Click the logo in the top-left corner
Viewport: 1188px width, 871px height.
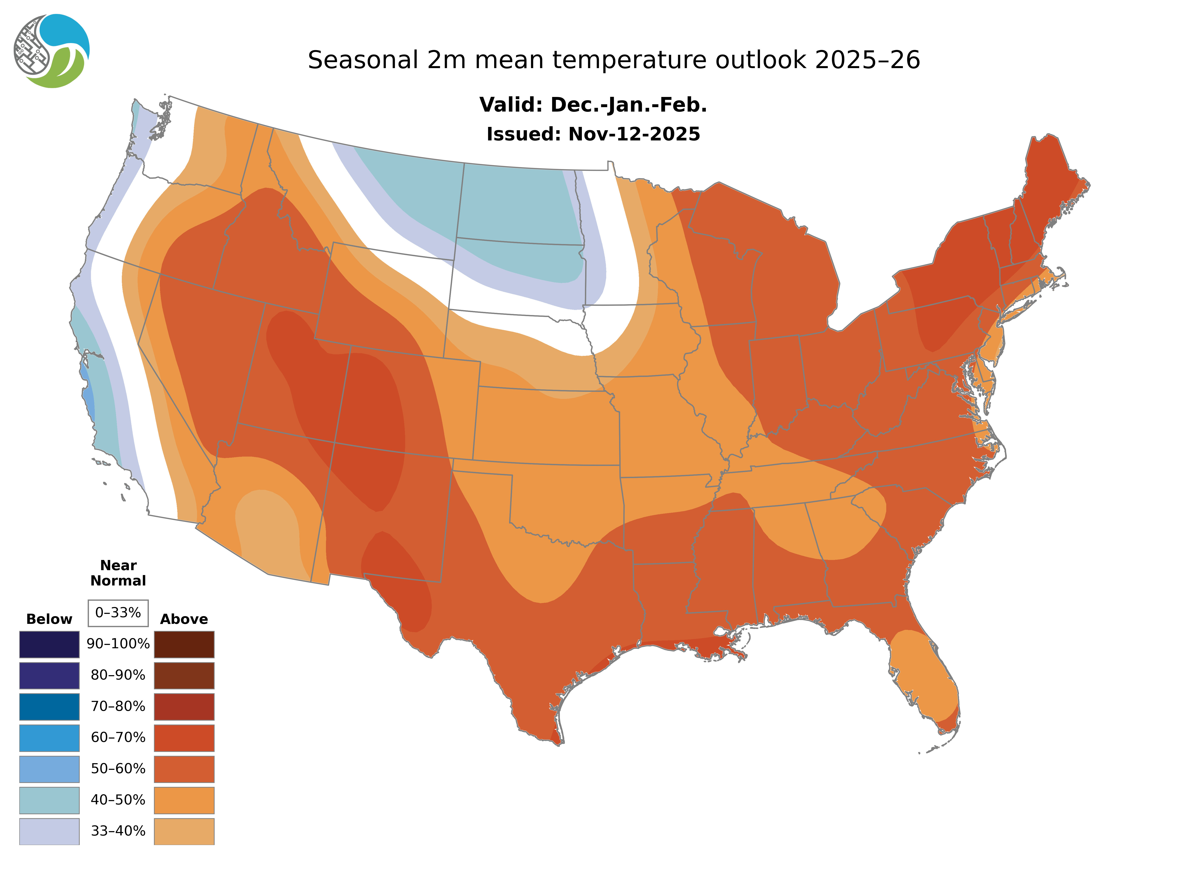(52, 51)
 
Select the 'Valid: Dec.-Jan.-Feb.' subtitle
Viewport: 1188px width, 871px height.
(593, 105)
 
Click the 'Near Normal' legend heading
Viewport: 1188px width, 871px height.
(118, 573)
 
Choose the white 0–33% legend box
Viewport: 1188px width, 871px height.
(118, 613)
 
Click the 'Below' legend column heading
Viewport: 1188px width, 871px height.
(49, 619)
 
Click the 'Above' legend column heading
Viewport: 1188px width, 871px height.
(184, 619)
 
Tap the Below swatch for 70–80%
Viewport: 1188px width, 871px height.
(49, 707)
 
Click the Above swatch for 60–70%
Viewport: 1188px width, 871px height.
(184, 738)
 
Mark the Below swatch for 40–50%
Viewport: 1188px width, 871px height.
(49, 800)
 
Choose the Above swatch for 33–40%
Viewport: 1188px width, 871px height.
(184, 831)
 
